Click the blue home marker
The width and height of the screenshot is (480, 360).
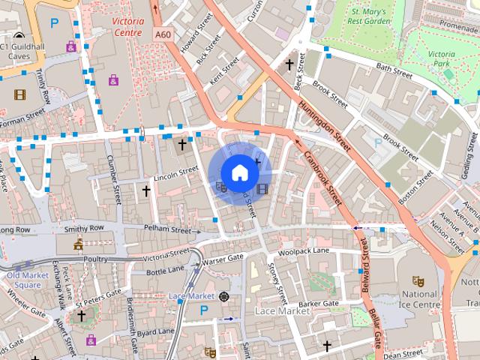click(x=239, y=173)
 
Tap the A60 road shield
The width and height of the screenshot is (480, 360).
click(x=163, y=34)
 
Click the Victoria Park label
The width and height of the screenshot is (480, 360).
click(x=442, y=59)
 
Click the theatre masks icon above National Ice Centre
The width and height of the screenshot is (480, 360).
click(x=418, y=280)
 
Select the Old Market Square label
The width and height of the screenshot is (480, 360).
click(x=23, y=280)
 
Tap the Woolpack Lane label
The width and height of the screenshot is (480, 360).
click(x=304, y=251)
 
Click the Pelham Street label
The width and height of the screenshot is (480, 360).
click(x=169, y=230)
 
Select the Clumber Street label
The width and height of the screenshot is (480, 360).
click(x=113, y=180)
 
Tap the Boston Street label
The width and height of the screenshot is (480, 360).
click(x=416, y=187)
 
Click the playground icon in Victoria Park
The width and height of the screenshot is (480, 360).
click(x=447, y=74)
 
